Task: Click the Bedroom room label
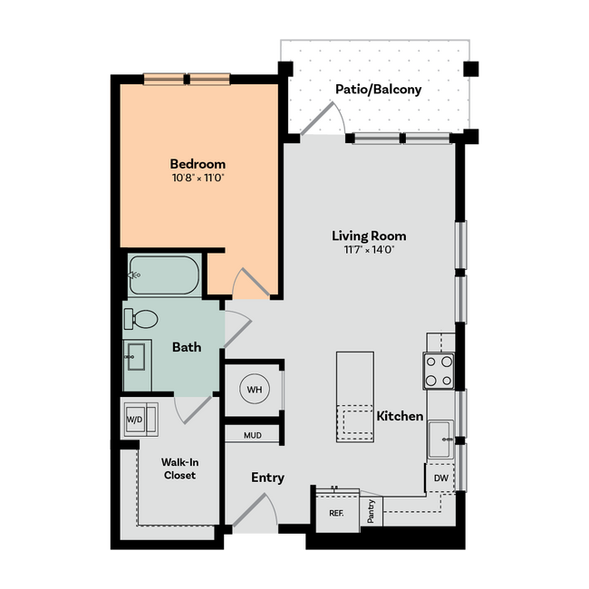(x=198, y=164)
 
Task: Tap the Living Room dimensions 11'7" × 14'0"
(x=368, y=249)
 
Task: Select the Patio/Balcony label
(x=378, y=90)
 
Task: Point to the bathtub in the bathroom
(x=164, y=275)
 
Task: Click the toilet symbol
(x=141, y=319)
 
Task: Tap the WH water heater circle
(x=254, y=390)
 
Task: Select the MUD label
(x=253, y=435)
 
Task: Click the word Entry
(x=267, y=478)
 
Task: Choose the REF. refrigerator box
(x=336, y=512)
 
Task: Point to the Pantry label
(x=372, y=512)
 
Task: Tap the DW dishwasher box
(x=439, y=478)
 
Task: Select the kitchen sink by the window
(x=441, y=439)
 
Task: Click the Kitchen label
(x=400, y=416)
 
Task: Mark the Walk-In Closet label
(x=179, y=468)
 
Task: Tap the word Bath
(x=187, y=347)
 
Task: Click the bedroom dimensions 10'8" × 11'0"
(x=198, y=179)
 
